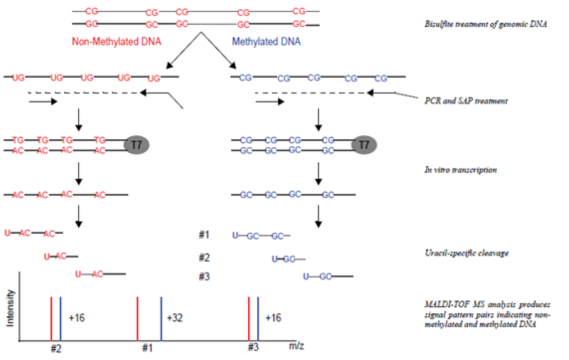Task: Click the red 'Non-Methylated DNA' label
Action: click(x=116, y=42)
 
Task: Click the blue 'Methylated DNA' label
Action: click(x=267, y=42)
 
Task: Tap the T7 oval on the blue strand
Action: click(x=364, y=145)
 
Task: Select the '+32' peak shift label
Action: click(x=175, y=318)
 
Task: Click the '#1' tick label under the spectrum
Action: click(x=147, y=348)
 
